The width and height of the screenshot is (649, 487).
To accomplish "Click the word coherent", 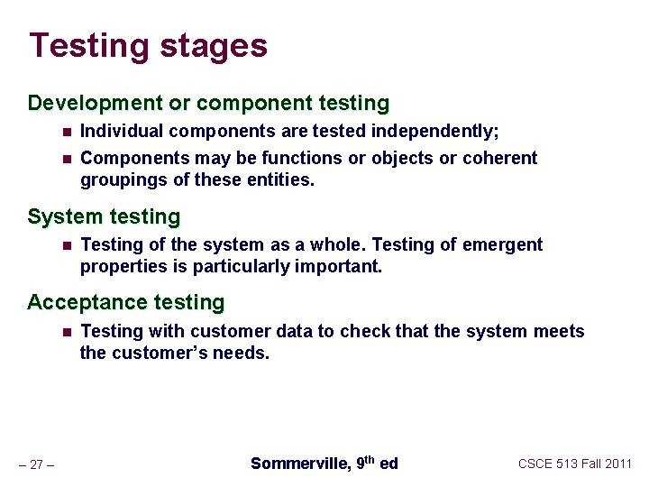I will [499, 158].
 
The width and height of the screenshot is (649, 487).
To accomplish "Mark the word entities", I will [283, 179].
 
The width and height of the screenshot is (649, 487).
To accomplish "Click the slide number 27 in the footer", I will [37, 464].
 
